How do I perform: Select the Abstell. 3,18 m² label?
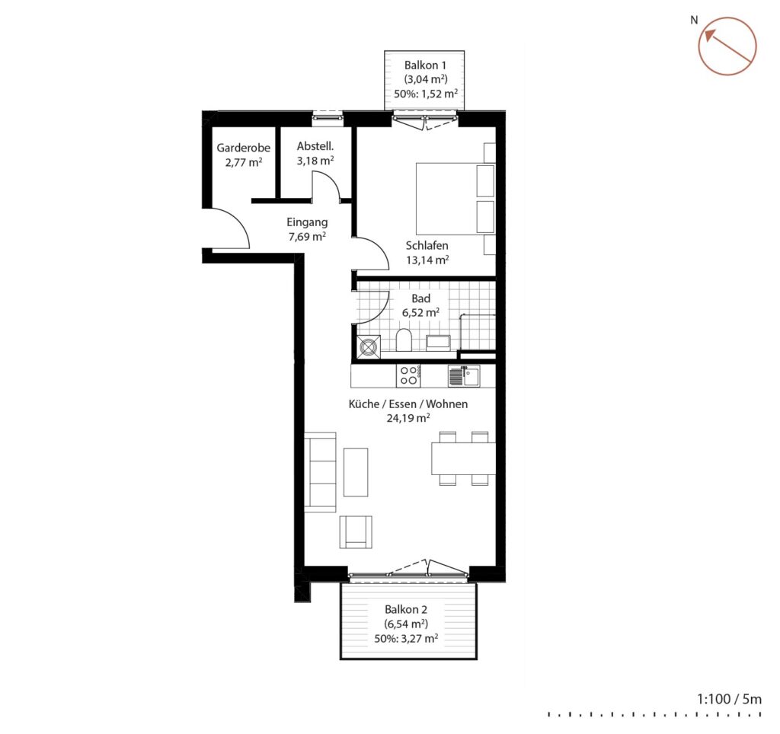click(315, 154)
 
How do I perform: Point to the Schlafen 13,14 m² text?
click(427, 253)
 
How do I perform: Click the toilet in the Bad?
click(404, 340)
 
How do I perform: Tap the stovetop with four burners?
click(409, 376)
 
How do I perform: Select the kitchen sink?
click(464, 376)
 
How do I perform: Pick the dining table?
click(463, 458)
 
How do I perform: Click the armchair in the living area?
click(356, 531)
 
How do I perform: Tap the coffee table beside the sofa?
click(356, 472)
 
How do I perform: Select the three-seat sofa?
click(320, 472)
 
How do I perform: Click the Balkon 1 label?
click(425, 65)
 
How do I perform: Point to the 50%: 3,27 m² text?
click(406, 639)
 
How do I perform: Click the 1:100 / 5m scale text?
click(729, 699)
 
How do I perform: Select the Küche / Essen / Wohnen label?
click(408, 404)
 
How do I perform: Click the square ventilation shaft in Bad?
click(369, 346)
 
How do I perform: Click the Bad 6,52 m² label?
click(420, 305)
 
